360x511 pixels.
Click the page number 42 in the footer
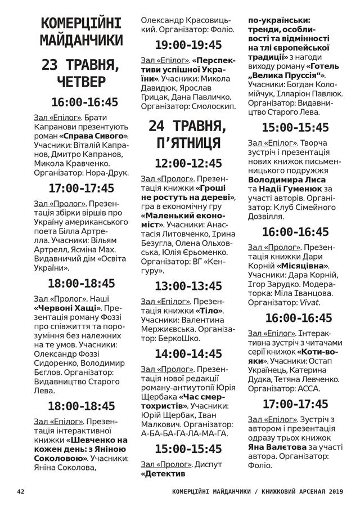tap(21, 491)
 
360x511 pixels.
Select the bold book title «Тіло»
tap(209, 311)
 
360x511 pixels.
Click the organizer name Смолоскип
tap(213, 105)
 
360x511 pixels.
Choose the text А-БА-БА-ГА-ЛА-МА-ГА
tap(184, 433)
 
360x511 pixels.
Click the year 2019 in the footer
tap(332, 491)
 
